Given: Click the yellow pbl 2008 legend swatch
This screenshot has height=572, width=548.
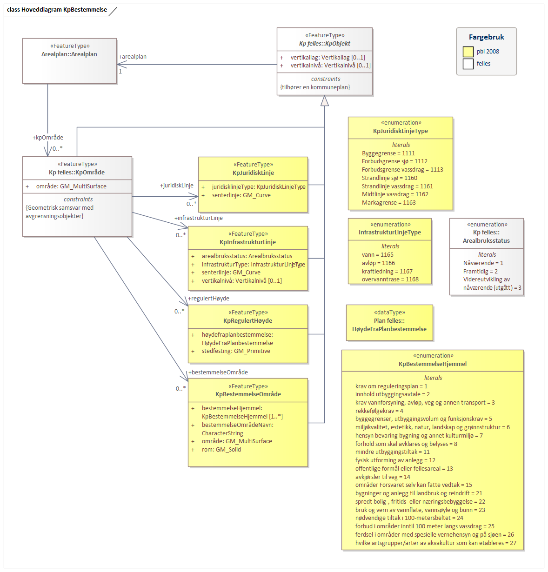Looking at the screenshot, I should pyautogui.click(x=468, y=52).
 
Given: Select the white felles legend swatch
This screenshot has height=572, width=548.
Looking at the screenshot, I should pyautogui.click(x=468, y=64).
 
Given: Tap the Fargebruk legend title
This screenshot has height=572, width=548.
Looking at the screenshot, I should pyautogui.click(x=486, y=37).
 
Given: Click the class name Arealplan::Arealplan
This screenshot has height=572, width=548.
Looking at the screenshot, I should pyautogui.click(x=69, y=54).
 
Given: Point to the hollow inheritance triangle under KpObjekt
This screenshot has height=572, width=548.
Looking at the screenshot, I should pyautogui.click(x=325, y=101).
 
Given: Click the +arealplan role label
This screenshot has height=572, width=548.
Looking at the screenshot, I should pyautogui.click(x=133, y=57).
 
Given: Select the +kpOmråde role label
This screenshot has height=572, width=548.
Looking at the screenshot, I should pyautogui.click(x=48, y=138).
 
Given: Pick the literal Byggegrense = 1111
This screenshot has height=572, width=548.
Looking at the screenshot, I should pyautogui.click(x=388, y=153).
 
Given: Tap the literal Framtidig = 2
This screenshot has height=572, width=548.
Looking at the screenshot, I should pyautogui.click(x=481, y=272).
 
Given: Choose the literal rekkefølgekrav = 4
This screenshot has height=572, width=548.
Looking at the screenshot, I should pyautogui.click(x=379, y=411).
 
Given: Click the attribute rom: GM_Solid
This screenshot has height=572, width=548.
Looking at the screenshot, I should pyautogui.click(x=221, y=450).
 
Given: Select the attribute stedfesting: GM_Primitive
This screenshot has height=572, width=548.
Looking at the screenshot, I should pyautogui.click(x=236, y=351).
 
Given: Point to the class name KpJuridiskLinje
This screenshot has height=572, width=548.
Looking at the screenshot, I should pyautogui.click(x=253, y=173).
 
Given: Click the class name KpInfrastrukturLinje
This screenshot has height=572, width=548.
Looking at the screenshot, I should pyautogui.click(x=247, y=242).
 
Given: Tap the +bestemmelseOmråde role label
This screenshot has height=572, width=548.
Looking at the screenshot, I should pyautogui.click(x=218, y=372).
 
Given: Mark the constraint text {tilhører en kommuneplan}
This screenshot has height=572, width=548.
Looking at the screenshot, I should pyautogui.click(x=315, y=87).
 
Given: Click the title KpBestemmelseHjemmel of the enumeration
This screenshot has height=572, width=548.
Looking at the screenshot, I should pyautogui.click(x=433, y=364).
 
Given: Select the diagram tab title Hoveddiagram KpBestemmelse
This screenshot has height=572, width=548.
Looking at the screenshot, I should pyautogui.click(x=57, y=10).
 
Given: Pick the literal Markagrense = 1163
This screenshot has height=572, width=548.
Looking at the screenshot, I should pyautogui.click(x=389, y=203).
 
